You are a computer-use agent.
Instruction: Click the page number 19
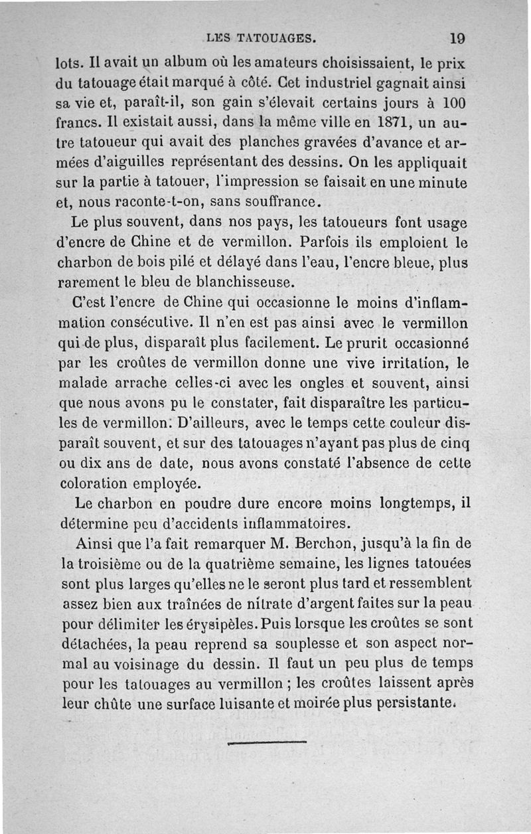coord(457,38)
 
